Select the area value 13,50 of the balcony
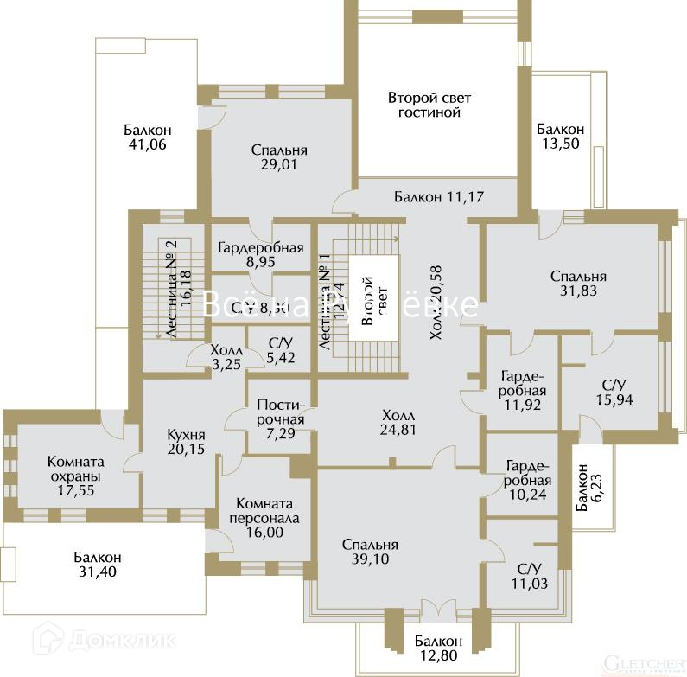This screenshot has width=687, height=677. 559,144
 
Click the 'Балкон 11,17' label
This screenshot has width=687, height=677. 438,196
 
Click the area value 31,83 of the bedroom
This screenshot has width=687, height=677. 578,291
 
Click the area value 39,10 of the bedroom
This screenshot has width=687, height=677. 369,559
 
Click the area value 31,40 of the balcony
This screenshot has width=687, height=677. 97,572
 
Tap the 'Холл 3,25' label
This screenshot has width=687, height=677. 227,357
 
